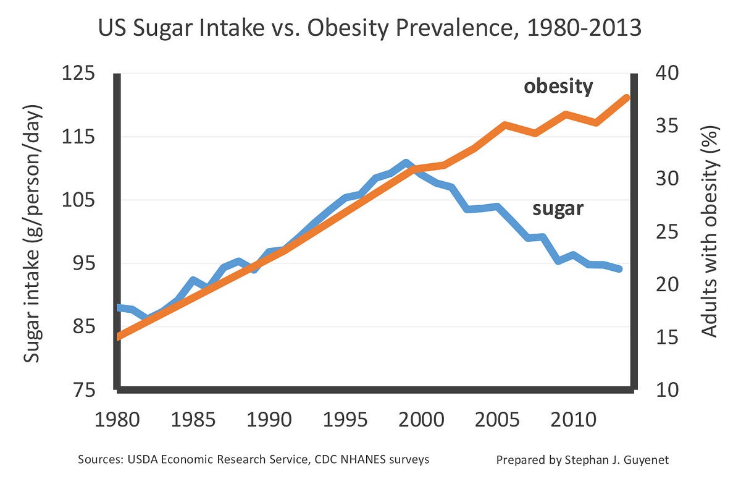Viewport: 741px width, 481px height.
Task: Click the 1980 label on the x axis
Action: (x=118, y=420)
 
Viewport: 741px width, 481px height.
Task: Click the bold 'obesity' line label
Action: (x=558, y=86)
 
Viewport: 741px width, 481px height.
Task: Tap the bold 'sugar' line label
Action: (x=558, y=208)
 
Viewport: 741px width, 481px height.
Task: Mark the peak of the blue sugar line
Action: (x=405, y=163)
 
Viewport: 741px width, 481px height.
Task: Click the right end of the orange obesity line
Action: (x=626, y=98)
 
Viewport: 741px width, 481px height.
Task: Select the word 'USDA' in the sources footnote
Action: (x=139, y=461)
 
